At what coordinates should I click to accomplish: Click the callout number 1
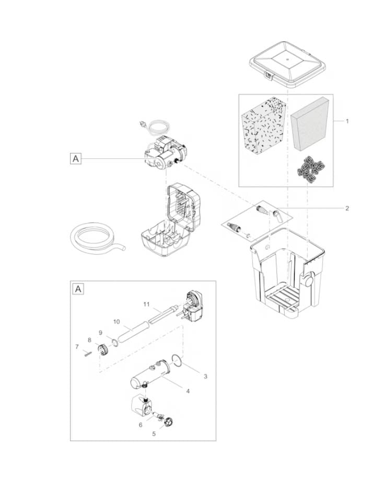click(x=347, y=121)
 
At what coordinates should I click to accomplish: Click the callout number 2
click(x=347, y=208)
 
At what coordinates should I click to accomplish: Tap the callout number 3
click(x=205, y=377)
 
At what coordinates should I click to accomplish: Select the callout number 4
click(x=188, y=391)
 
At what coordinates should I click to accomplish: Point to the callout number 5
click(x=154, y=434)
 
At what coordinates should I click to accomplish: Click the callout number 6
click(x=141, y=425)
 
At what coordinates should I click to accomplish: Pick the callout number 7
click(x=77, y=347)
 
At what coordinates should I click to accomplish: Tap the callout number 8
click(x=89, y=340)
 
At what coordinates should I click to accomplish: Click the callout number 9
click(x=100, y=333)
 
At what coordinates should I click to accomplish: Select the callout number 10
click(x=116, y=322)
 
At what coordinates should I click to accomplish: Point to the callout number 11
click(x=146, y=304)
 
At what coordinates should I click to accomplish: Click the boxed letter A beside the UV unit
click(x=76, y=159)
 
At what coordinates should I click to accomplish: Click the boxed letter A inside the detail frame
click(x=78, y=289)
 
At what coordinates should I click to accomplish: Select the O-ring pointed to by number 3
click(x=177, y=360)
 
